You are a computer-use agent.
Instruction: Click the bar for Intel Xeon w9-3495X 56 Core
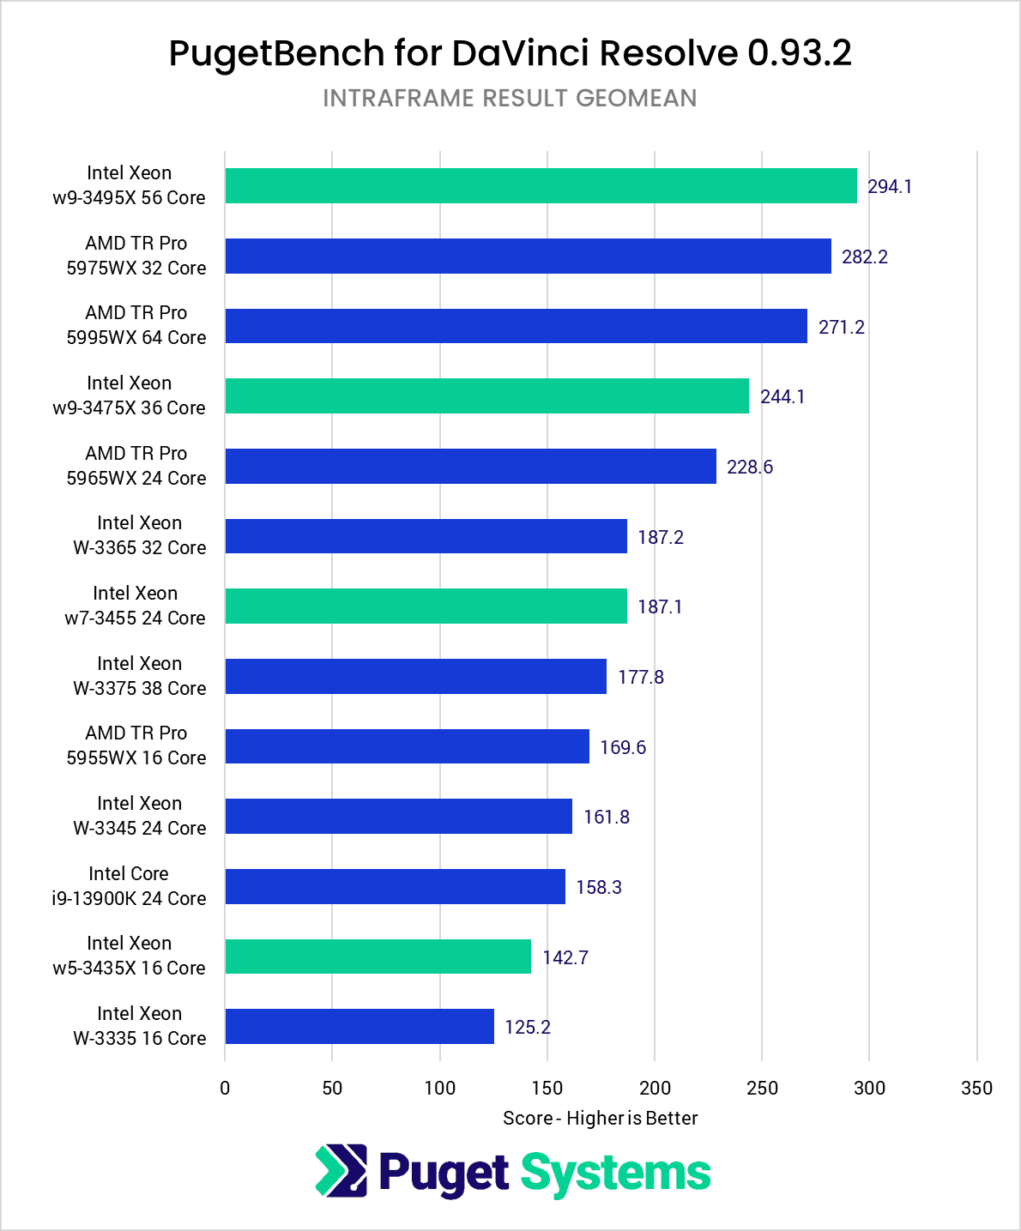click(541, 186)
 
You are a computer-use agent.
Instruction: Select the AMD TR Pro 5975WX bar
click(528, 256)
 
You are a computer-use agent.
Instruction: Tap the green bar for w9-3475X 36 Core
click(486, 396)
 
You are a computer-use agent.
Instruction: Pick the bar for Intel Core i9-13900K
click(395, 887)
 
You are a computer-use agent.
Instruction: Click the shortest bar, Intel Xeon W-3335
click(359, 1027)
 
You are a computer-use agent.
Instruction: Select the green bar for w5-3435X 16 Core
click(378, 956)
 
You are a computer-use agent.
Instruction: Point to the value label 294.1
click(890, 187)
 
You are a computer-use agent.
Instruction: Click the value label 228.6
click(750, 468)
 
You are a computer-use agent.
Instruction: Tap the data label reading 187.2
click(661, 538)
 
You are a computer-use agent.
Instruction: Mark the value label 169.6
click(623, 748)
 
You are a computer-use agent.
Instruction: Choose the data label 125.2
click(528, 1028)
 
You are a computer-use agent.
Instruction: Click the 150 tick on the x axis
click(547, 1089)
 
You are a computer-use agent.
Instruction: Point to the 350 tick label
click(976, 1089)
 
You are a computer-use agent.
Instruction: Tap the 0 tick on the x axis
click(225, 1089)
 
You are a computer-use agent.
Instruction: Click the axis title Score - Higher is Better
click(600, 1119)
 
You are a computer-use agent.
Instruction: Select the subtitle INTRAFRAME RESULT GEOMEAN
click(510, 99)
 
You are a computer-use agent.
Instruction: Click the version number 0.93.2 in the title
click(799, 53)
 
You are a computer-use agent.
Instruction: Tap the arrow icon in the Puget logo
click(341, 1171)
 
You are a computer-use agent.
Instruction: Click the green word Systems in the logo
click(615, 1174)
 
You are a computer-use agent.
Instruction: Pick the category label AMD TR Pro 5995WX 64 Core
click(136, 325)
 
